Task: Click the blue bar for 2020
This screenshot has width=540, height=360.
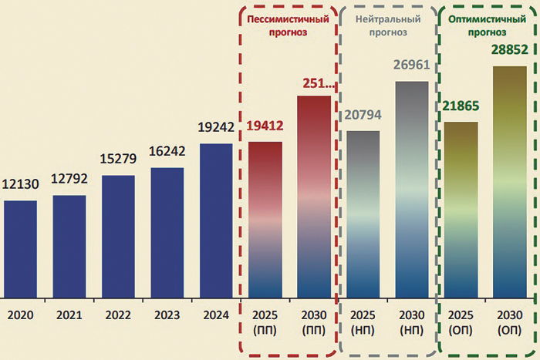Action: [20, 249]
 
